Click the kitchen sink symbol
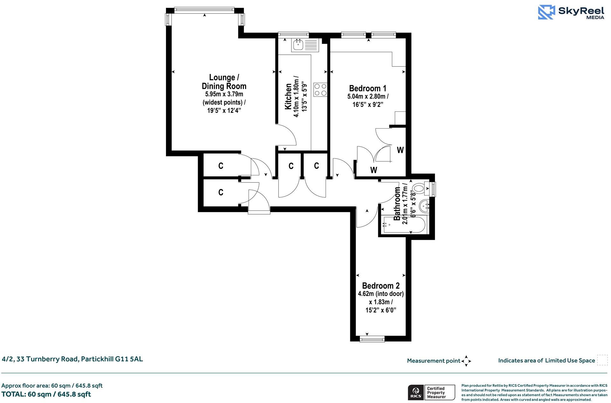[305, 45]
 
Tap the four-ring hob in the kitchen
[320, 89]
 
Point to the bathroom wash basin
[424, 206]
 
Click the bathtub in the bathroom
[404, 225]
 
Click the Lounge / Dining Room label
[224, 82]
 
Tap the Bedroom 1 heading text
[367, 88]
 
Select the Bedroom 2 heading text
[381, 286]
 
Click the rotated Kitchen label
[288, 96]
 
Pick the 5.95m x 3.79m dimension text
[224, 94]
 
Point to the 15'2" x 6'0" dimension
[381, 310]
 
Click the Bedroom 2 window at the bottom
[372, 340]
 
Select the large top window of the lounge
[204, 10]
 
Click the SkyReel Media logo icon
[546, 12]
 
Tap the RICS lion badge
[415, 392]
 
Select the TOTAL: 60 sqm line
[46, 394]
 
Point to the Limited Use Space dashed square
[602, 360]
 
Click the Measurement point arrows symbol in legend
[466, 361]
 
